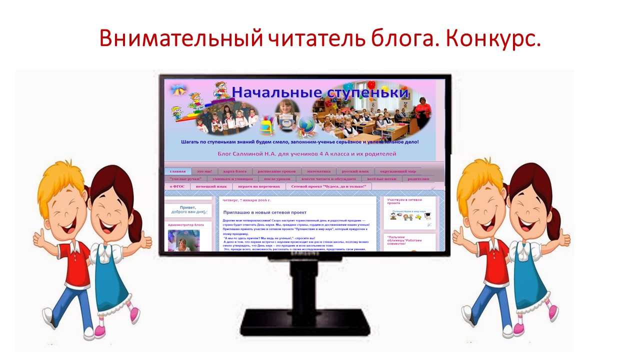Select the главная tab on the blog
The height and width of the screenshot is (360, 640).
click(x=177, y=171)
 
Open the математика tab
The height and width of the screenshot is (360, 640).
click(x=318, y=171)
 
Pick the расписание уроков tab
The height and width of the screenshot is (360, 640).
click(x=276, y=171)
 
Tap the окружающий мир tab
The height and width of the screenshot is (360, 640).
click(x=397, y=171)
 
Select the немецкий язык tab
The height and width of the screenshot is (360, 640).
click(x=211, y=186)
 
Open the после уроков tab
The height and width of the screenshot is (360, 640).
click(x=277, y=179)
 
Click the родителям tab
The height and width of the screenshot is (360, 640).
click(x=418, y=179)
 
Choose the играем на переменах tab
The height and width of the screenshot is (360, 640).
click(x=259, y=186)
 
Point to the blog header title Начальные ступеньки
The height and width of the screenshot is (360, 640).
click(x=320, y=92)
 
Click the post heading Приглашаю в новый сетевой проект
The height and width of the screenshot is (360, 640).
click(x=264, y=212)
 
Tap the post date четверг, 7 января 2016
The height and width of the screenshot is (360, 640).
click(x=246, y=200)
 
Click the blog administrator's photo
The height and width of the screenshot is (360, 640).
click(x=183, y=241)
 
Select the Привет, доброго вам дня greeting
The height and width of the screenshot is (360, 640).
click(x=187, y=209)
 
